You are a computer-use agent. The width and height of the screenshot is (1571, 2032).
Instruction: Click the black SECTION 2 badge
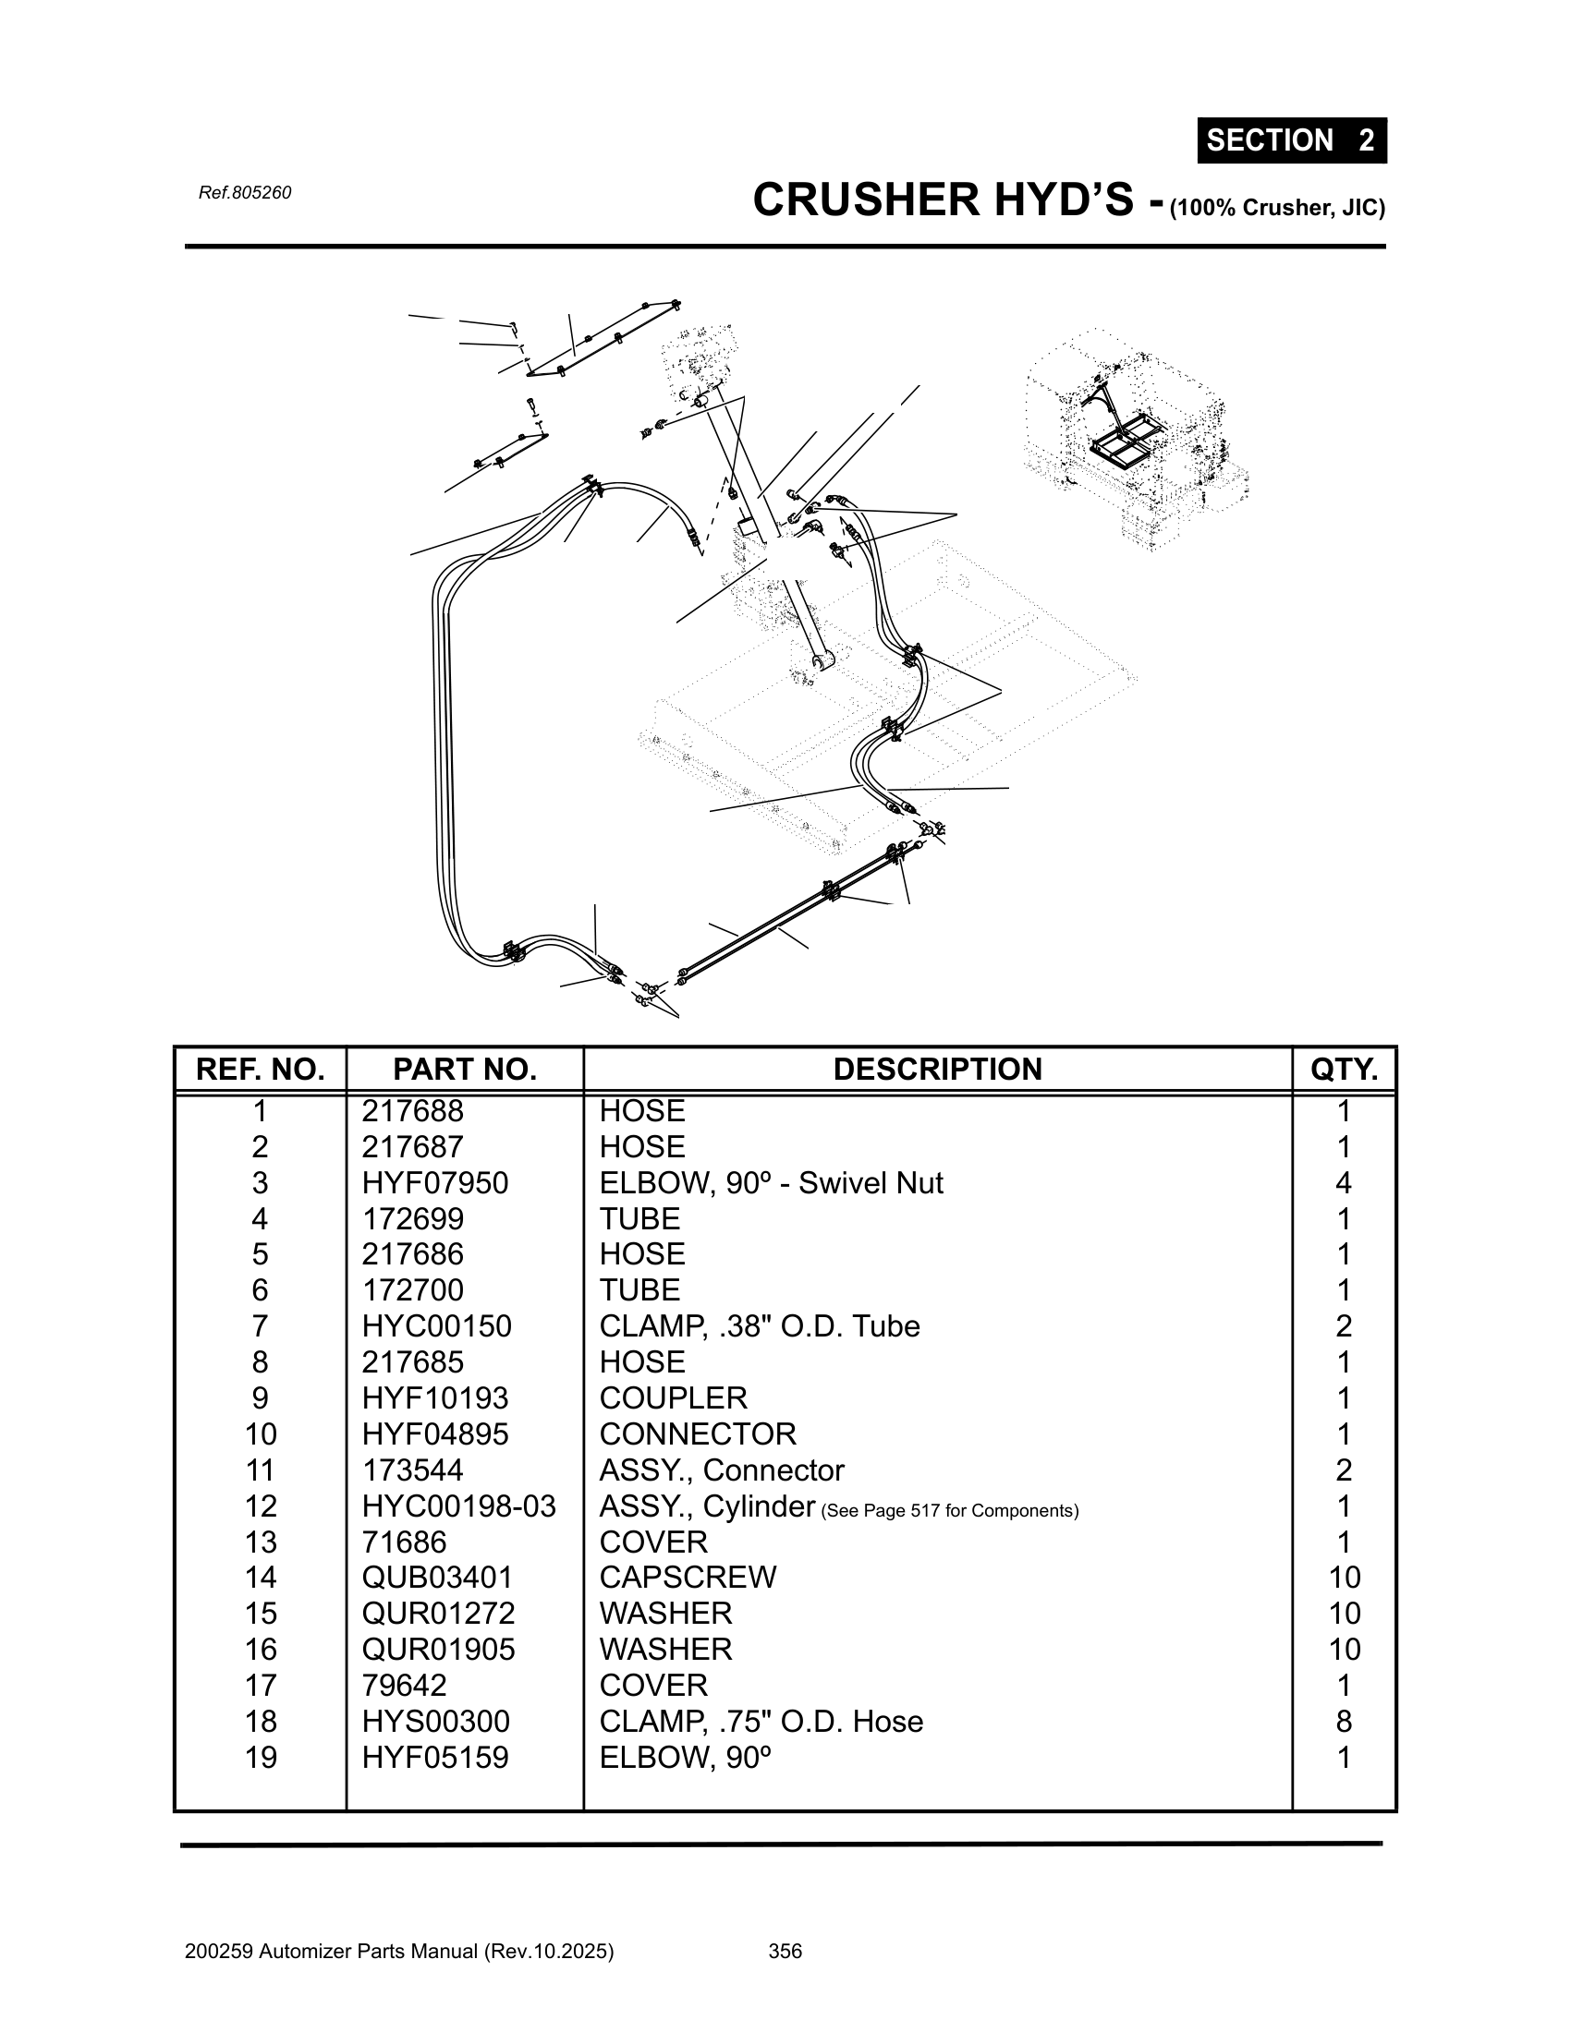[x=1291, y=140]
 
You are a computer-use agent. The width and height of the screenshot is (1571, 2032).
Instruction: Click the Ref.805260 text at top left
[x=245, y=193]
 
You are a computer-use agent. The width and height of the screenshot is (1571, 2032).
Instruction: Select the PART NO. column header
[x=465, y=1069]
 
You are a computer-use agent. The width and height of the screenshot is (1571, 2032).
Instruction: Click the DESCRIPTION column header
[x=937, y=1069]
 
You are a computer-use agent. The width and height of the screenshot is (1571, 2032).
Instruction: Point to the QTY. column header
[x=1344, y=1069]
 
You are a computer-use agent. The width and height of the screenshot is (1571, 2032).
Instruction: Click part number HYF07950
[x=434, y=1182]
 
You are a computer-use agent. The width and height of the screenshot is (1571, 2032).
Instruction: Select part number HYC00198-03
[x=459, y=1506]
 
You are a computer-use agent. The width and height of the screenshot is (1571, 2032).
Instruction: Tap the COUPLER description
[x=673, y=1397]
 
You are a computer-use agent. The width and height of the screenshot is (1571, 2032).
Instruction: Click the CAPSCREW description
[x=688, y=1577]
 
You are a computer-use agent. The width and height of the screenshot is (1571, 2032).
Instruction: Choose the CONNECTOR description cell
[x=698, y=1433]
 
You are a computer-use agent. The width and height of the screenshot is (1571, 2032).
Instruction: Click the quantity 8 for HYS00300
[x=1344, y=1722]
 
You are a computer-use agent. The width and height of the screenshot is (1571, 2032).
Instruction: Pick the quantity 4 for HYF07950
[x=1344, y=1182]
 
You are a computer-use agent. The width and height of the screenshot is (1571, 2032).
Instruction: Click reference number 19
[x=261, y=1758]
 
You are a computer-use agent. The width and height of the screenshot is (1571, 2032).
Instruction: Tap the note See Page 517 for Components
[x=950, y=1510]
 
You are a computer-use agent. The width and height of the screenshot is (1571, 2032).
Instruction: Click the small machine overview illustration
[x=1136, y=437]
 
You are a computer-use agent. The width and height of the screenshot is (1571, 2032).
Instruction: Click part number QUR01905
[x=438, y=1649]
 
